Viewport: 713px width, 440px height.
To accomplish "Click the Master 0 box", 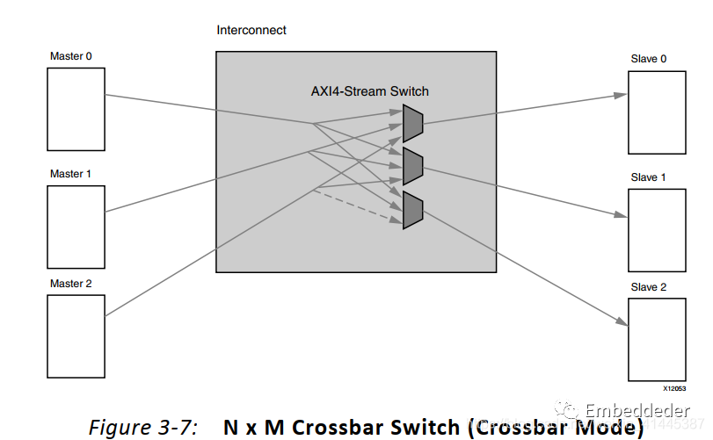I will (76, 109).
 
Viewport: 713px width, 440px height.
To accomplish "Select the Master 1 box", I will (76, 226).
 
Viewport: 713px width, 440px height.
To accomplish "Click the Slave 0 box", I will (656, 112).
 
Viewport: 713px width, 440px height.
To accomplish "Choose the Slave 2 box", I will (656, 340).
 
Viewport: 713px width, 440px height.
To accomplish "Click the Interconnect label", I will (251, 31).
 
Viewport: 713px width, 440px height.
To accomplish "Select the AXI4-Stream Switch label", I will (370, 91).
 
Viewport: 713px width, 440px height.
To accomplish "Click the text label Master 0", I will (70, 57).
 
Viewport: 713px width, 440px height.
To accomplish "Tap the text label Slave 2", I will (649, 287).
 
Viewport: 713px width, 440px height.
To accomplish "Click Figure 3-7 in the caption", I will (143, 427).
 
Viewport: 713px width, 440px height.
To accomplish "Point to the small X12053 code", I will (673, 387).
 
